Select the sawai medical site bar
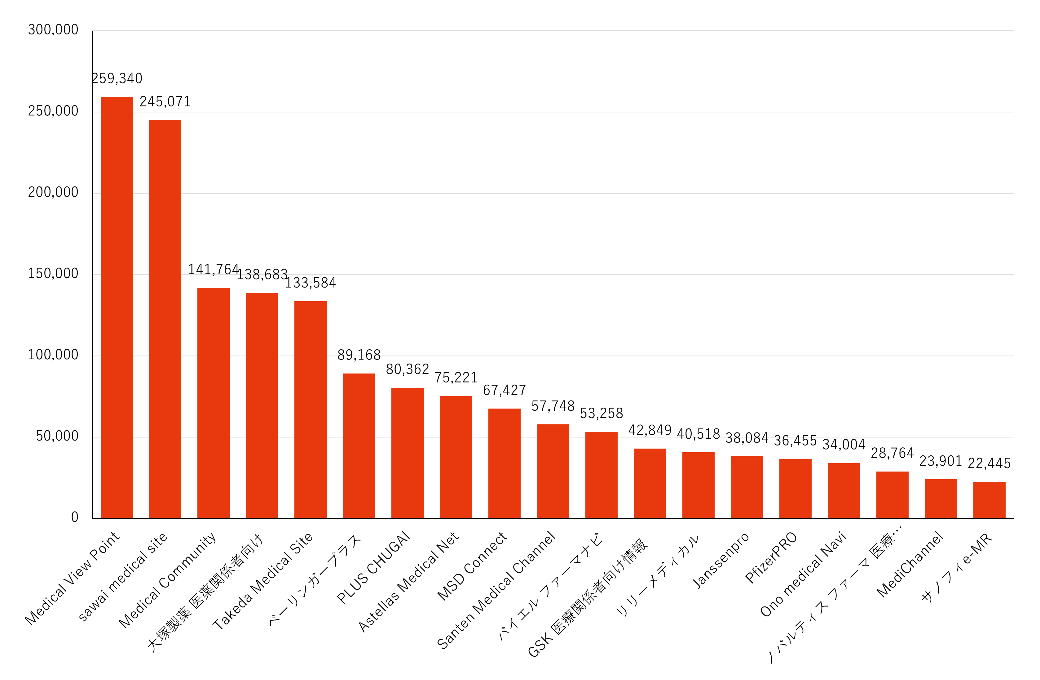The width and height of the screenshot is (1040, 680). pos(165,319)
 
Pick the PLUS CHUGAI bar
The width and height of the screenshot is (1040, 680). pos(407,453)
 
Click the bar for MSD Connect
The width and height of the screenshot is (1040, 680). pos(504,463)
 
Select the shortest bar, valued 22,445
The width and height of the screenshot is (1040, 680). pos(989,500)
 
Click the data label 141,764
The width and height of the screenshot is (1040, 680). pos(213,269)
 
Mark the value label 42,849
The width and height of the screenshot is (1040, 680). pos(650,430)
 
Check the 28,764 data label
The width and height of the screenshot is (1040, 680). pos(892,453)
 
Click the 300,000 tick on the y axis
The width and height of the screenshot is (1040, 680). pos(53,30)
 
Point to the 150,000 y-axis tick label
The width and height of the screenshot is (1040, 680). pos(53,273)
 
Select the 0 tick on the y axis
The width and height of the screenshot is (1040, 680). pos(75,517)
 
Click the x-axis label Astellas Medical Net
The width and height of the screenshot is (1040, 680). pos(408,582)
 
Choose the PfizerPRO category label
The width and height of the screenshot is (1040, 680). pos(771,557)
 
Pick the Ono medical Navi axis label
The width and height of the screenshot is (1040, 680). pos(804,574)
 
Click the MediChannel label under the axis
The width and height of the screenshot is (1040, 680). pos(910,564)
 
